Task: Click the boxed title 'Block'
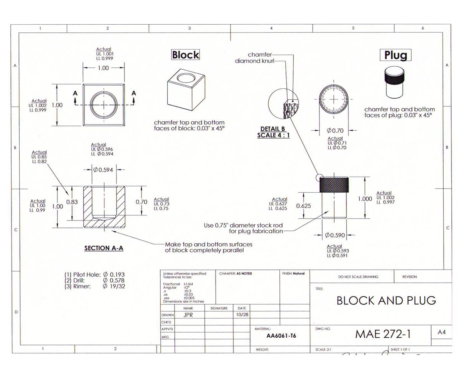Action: click(x=185, y=55)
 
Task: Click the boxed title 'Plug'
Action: click(x=395, y=55)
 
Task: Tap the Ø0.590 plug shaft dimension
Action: click(x=335, y=235)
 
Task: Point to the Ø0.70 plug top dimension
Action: click(x=335, y=131)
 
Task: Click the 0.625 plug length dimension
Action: click(x=303, y=206)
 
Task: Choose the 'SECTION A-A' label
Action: click(x=104, y=248)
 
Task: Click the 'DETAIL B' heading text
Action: click(x=273, y=129)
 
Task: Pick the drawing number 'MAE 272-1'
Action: click(x=383, y=334)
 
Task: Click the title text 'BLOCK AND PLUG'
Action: click(x=386, y=300)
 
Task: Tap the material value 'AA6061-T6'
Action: click(x=281, y=336)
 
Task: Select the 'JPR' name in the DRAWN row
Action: click(x=188, y=315)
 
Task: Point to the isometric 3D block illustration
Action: click(x=185, y=91)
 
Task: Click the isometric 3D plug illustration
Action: click(x=395, y=82)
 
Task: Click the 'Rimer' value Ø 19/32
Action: click(x=114, y=286)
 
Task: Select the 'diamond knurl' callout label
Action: click(x=254, y=61)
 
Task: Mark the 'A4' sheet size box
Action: click(x=442, y=332)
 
